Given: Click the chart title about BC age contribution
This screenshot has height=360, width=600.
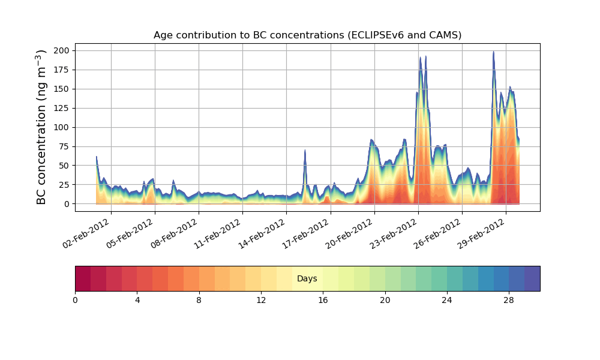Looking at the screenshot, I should [x=307, y=35].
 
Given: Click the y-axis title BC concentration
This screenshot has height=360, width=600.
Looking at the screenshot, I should [x=41, y=127].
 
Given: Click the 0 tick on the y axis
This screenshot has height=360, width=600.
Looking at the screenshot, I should [x=67, y=204].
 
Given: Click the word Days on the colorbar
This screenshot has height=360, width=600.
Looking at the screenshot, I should [x=307, y=279].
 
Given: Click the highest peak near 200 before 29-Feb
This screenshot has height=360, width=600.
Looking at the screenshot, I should [x=493, y=52].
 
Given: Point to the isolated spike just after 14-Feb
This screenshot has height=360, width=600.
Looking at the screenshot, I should [x=305, y=151].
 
